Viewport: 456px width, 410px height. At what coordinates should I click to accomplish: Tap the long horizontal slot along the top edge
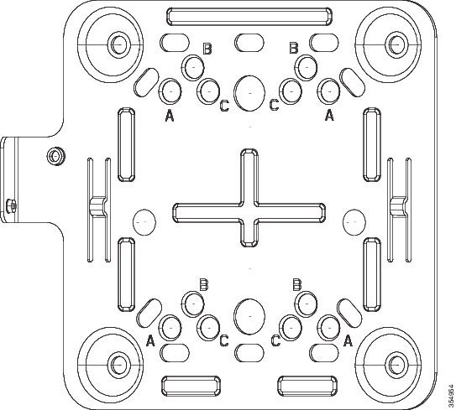[x=249, y=16]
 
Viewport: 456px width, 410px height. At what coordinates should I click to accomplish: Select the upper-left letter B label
[x=207, y=49]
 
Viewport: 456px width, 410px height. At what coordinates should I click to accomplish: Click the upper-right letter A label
[x=329, y=115]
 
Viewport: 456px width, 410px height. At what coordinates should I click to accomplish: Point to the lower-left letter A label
[x=150, y=340]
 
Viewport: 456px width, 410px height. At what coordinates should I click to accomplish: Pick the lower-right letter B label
[x=297, y=284]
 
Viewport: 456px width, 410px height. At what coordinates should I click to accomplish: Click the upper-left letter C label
[x=224, y=106]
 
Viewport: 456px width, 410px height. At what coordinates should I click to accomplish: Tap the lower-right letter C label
[x=275, y=340]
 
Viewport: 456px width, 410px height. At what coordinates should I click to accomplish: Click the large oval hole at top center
[x=249, y=93]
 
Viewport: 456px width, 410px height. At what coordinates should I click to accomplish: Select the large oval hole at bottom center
[x=249, y=316]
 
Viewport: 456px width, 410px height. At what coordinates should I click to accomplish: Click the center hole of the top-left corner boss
[x=118, y=45]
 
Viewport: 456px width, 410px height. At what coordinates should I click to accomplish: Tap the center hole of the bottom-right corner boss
[x=396, y=364]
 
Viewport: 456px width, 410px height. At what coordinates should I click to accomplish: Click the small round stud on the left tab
[x=55, y=156]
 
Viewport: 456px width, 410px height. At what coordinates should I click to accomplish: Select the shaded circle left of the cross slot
[x=144, y=222]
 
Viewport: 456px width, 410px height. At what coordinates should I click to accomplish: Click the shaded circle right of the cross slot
[x=354, y=222]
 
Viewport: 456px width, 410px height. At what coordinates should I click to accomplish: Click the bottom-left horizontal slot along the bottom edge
[x=191, y=387]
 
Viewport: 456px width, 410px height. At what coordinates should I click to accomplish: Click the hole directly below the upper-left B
[x=192, y=68]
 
